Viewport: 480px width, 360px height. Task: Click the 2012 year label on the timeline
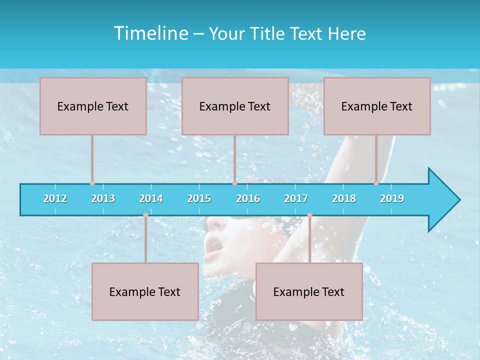[x=55, y=198]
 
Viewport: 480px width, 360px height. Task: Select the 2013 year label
[x=103, y=198]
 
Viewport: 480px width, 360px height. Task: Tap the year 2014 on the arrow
[x=151, y=198]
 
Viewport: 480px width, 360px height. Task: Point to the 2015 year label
[x=199, y=198]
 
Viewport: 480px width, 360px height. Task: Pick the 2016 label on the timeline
[x=248, y=198]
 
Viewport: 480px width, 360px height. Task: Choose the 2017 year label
[x=296, y=198]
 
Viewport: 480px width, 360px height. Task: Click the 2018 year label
[x=344, y=198]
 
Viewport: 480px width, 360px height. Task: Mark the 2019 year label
[x=392, y=198]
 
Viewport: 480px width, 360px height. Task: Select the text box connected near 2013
[x=93, y=106]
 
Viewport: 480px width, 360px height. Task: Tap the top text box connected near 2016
[x=235, y=106]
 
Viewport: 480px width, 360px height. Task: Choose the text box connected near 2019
[x=377, y=106]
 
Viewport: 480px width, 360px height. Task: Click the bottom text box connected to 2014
[x=145, y=291]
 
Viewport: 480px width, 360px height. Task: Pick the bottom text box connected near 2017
[x=309, y=291]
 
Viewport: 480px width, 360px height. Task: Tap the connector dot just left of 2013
[x=92, y=183]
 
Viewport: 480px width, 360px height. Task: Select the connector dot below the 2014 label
[x=145, y=215]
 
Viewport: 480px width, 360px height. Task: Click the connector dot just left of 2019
[x=376, y=183]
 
